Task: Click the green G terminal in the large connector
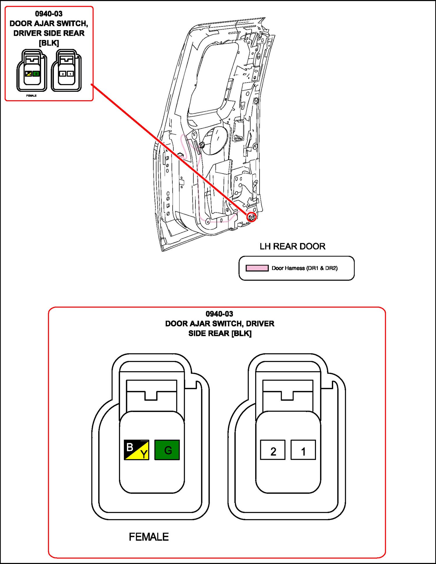point(167,450)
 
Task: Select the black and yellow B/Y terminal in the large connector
point(136,450)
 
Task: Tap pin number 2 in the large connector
point(273,450)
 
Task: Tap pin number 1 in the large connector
point(303,450)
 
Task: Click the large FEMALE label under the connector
point(149,537)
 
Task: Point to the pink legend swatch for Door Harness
point(257,268)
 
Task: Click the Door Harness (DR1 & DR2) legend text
point(304,268)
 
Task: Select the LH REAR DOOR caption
point(292,246)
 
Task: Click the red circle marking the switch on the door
point(252,217)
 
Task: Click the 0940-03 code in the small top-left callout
point(49,14)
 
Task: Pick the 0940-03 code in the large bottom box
point(219,314)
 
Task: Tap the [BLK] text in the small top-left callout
point(49,43)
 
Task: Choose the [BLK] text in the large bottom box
point(241,333)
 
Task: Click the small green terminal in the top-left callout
point(36,74)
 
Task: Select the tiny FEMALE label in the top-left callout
point(31,96)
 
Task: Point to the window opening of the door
point(212,78)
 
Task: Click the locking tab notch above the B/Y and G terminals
point(151,395)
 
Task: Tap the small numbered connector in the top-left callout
point(66,71)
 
